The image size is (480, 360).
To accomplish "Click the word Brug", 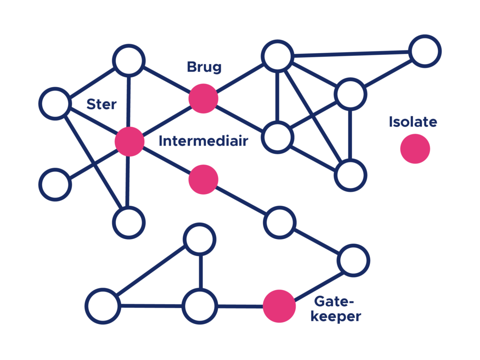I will (x=204, y=67).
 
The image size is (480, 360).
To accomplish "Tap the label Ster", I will (x=101, y=104).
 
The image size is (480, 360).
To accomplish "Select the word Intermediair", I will (x=203, y=141).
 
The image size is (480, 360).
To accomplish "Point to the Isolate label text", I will (x=413, y=122).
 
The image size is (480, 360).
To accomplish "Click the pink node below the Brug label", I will (x=203, y=98).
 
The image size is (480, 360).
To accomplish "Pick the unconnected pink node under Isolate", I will (x=415, y=149).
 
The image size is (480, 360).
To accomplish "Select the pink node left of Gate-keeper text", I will (x=279, y=306).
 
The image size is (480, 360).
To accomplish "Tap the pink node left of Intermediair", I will (x=129, y=141).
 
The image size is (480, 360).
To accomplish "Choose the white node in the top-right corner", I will (x=425, y=51).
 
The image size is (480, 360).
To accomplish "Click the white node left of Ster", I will (x=55, y=104).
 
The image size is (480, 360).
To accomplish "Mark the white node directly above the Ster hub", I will (x=129, y=60).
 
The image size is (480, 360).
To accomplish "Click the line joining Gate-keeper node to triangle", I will (x=239, y=307).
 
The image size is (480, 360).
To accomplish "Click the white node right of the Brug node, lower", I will (x=278, y=138).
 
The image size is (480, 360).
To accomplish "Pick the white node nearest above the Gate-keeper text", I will (x=353, y=261).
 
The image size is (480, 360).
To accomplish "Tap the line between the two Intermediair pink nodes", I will (x=166, y=160).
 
